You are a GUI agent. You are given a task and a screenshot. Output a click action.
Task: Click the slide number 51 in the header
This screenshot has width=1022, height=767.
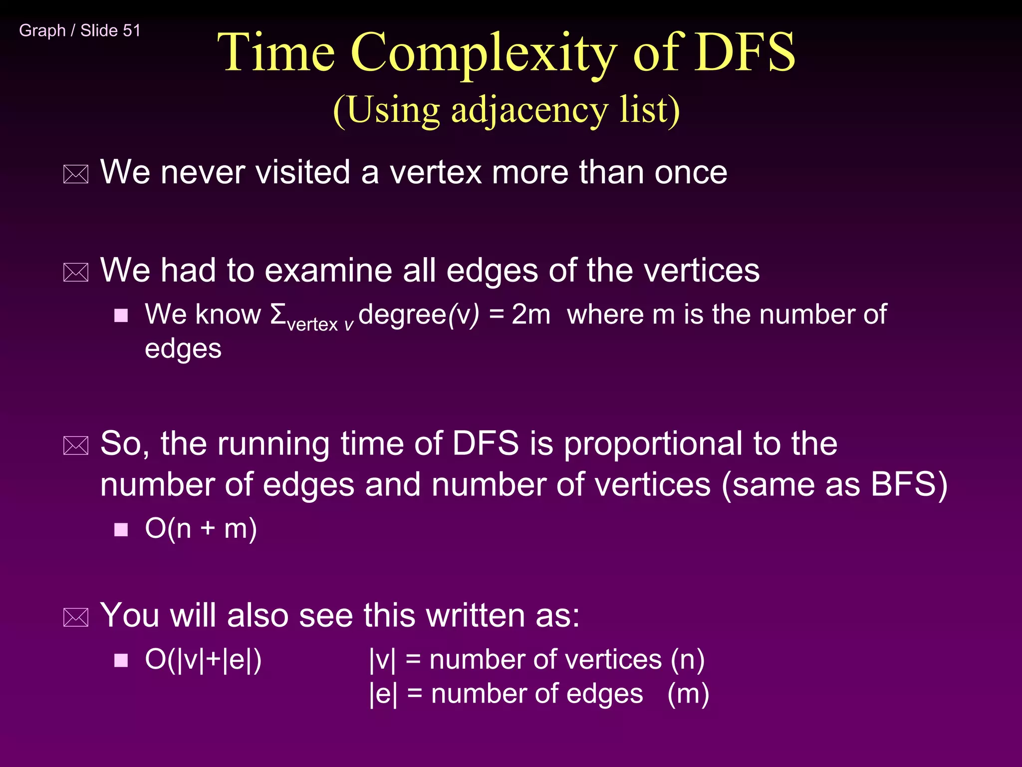point(132,30)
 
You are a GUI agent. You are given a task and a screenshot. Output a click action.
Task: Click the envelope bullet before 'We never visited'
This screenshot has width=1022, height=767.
point(76,174)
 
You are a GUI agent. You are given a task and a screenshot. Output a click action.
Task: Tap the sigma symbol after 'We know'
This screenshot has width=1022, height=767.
point(278,314)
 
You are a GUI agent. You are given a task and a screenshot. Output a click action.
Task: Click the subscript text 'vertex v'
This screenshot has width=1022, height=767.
point(320,325)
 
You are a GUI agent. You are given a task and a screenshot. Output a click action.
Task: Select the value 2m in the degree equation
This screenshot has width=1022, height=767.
point(530,315)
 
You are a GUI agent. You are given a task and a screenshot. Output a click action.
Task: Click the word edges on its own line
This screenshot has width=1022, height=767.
point(183,349)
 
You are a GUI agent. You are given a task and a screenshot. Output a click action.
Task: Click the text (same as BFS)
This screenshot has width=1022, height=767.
point(834,485)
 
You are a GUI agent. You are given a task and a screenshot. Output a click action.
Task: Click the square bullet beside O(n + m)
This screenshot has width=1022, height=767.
point(121,529)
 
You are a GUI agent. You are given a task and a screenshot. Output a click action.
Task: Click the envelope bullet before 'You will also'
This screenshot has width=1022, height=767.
point(76,618)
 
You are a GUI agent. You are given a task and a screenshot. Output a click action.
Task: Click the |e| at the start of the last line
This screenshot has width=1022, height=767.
point(383,694)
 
